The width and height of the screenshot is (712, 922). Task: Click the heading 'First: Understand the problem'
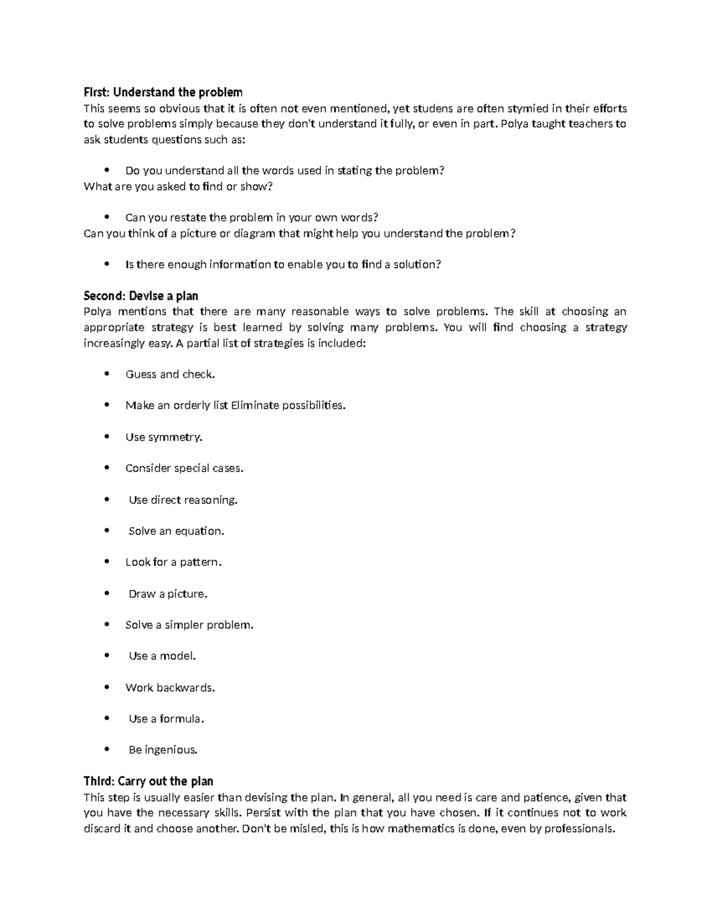tap(163, 92)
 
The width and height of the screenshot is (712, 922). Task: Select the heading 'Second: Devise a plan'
tap(141, 296)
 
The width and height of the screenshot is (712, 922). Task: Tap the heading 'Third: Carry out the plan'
tap(148, 781)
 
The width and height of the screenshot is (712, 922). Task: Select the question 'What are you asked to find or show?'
tap(178, 186)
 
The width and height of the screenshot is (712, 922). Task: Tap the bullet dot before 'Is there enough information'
tap(107, 264)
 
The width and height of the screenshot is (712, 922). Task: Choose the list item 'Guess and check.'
tap(170, 374)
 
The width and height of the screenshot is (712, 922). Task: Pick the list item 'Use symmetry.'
tap(164, 437)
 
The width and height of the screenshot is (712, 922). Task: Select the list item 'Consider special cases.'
tap(185, 468)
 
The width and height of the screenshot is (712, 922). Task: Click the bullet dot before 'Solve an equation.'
tap(107, 531)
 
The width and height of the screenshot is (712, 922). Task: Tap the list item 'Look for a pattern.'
tap(173, 562)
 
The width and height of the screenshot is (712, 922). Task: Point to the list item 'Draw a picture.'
tap(168, 594)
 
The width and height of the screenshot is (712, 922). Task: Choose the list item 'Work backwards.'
tap(170, 687)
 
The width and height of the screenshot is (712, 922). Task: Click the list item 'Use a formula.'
tap(166, 719)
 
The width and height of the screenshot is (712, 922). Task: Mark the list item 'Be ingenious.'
tap(163, 750)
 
